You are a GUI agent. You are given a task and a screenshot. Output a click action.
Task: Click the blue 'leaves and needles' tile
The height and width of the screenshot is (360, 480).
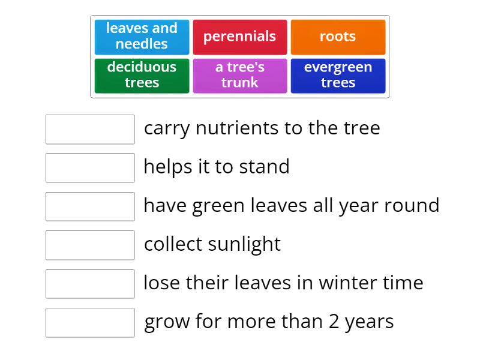pyautogui.click(x=142, y=37)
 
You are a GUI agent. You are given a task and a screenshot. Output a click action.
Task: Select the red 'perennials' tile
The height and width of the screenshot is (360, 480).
pyautogui.click(x=239, y=37)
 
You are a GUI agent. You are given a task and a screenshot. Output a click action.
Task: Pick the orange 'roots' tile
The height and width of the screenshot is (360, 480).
pyautogui.click(x=338, y=37)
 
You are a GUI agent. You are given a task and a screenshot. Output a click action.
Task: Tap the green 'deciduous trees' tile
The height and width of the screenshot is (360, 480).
pyautogui.click(x=142, y=75)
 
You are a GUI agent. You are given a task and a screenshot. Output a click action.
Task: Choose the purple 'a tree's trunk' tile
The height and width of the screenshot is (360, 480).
pyautogui.click(x=239, y=75)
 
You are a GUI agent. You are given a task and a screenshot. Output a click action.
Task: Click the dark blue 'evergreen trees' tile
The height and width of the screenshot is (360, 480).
pyautogui.click(x=338, y=75)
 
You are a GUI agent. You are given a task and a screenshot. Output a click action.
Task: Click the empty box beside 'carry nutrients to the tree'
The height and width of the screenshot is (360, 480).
pyautogui.click(x=90, y=129)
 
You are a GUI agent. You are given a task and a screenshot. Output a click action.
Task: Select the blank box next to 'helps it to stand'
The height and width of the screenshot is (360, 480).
pyautogui.click(x=90, y=167)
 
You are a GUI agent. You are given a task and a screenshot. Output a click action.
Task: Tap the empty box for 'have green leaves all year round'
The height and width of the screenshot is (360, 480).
pyautogui.click(x=90, y=206)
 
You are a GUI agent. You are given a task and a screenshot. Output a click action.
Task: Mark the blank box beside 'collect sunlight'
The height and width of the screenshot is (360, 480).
pyautogui.click(x=90, y=245)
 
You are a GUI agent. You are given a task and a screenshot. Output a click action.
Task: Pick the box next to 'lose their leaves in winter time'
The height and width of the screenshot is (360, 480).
pyautogui.click(x=90, y=283)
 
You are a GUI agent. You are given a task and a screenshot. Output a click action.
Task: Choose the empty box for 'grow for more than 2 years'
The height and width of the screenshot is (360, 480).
pyautogui.click(x=90, y=322)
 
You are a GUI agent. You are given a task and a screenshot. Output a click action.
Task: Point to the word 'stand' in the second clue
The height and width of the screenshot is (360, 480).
pyautogui.click(x=264, y=167)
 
